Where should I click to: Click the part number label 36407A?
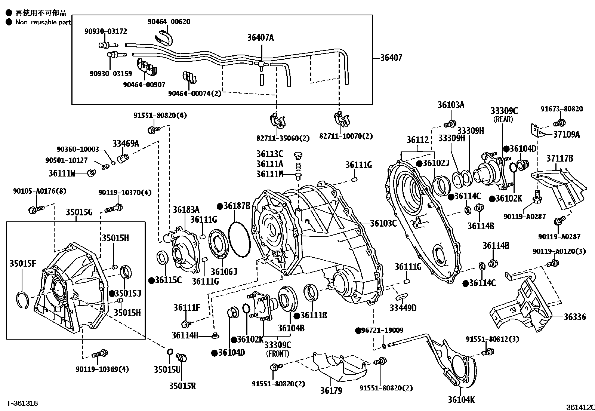(x=260, y=38)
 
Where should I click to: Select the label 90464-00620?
(x=169, y=22)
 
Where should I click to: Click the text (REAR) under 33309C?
(x=503, y=119)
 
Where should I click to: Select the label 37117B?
(x=559, y=159)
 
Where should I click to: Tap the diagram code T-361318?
(x=22, y=403)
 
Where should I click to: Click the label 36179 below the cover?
(x=331, y=391)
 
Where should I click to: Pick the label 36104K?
(x=461, y=400)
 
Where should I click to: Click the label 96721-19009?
(x=382, y=330)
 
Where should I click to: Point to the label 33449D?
(x=403, y=308)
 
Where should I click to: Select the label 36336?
(x=575, y=317)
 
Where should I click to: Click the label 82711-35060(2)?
(x=283, y=138)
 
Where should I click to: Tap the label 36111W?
(x=62, y=174)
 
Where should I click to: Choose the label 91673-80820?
(x=562, y=109)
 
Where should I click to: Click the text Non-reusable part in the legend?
(x=43, y=22)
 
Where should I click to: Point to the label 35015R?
(x=182, y=386)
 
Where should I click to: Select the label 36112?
(x=418, y=140)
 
